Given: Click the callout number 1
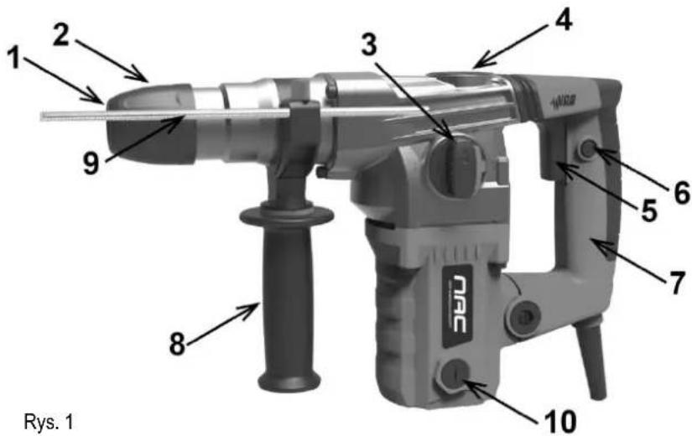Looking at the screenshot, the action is (x=16, y=58).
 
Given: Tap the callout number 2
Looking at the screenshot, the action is (x=61, y=36).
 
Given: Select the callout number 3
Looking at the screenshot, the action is (x=369, y=44).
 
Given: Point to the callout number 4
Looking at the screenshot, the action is (x=563, y=20).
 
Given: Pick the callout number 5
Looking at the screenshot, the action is (x=648, y=210).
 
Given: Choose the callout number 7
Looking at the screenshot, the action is (x=676, y=283).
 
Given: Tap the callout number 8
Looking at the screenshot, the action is (x=178, y=344).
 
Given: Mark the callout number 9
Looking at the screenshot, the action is (x=91, y=163).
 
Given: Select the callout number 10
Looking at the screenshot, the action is (x=558, y=421).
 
